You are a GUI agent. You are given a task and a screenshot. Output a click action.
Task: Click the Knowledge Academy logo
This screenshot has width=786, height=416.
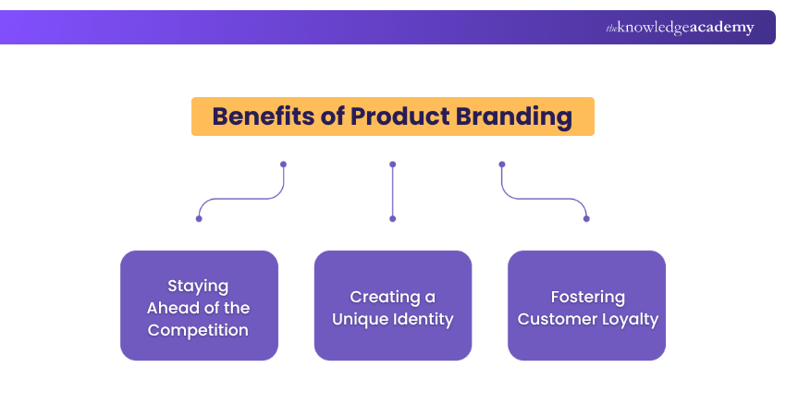click(x=680, y=28)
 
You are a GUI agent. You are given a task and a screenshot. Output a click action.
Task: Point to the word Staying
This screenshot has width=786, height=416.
click(x=198, y=286)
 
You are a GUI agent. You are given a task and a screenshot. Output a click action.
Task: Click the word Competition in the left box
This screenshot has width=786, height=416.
click(x=199, y=330)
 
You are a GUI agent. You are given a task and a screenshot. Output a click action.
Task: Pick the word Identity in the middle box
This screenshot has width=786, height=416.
click(x=423, y=320)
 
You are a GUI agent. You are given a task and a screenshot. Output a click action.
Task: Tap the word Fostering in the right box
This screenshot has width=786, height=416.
click(x=587, y=297)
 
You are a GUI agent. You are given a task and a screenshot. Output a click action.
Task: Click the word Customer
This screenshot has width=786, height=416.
click(x=553, y=320)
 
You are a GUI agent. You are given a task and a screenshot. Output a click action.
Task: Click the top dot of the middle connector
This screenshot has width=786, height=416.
click(x=393, y=165)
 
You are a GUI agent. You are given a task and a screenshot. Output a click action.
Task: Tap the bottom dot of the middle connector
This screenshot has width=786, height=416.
click(x=393, y=219)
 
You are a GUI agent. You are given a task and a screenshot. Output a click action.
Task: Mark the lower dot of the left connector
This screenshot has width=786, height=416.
click(x=199, y=219)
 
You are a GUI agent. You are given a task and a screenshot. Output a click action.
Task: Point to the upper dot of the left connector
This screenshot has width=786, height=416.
click(x=283, y=165)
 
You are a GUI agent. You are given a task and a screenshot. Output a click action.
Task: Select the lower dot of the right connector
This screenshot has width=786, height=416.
click(x=586, y=219)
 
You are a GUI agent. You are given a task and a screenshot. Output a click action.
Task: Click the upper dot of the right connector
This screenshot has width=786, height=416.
click(x=502, y=165)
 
